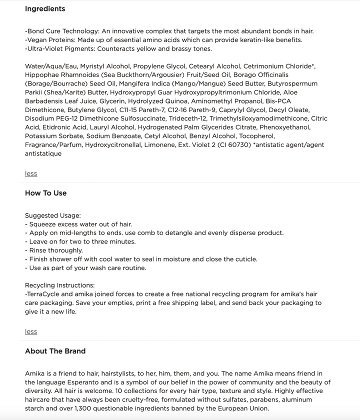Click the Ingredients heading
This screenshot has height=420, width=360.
(45, 8)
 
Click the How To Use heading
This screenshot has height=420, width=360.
(45, 193)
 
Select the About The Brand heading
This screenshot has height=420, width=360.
(55, 351)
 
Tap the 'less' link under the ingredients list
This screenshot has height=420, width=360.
(31, 173)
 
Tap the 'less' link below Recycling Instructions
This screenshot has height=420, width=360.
(31, 331)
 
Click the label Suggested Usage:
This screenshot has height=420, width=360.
(52, 215)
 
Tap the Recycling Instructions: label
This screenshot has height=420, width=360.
(59, 285)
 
